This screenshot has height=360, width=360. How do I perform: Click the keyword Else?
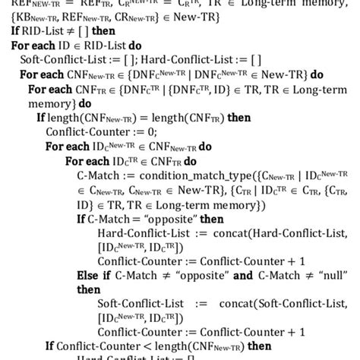pyautogui.click(x=88, y=276)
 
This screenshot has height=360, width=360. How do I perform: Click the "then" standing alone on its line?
pyautogui.click(x=88, y=289)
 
